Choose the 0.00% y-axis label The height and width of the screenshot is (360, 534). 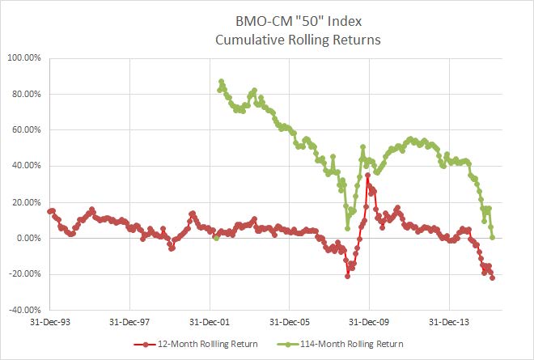[28, 238]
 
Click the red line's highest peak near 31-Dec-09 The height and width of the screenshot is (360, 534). [367, 175]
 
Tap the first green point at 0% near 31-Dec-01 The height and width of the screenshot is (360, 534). [215, 238]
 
